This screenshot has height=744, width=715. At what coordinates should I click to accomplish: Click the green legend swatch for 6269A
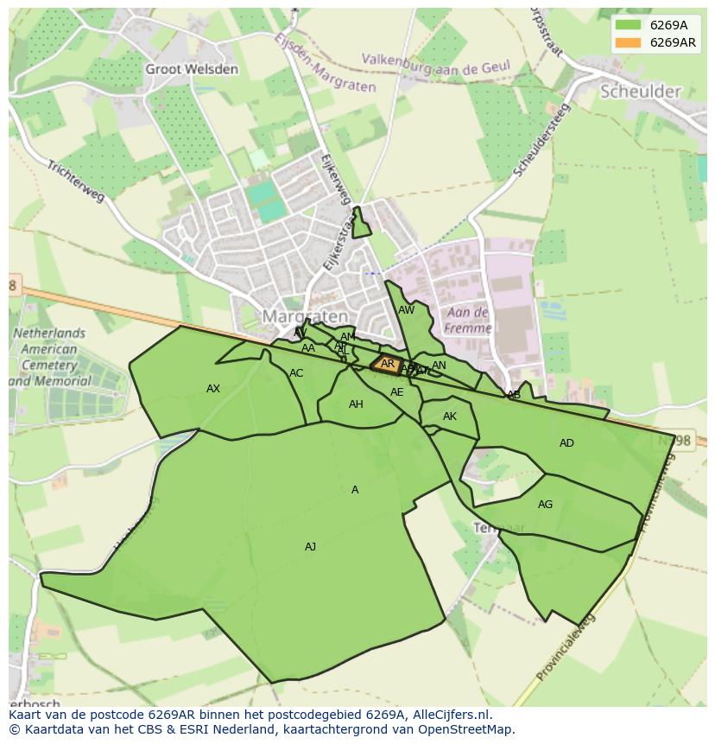(628, 25)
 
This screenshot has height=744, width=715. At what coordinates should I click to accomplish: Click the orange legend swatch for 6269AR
(628, 42)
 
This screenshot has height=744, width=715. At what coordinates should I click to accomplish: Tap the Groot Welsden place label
(192, 69)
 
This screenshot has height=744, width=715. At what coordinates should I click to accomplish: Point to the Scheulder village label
(640, 91)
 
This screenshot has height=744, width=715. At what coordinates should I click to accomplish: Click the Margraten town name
(305, 316)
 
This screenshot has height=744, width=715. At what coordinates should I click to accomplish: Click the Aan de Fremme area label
(468, 320)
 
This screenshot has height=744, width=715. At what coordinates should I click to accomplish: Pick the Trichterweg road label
(75, 181)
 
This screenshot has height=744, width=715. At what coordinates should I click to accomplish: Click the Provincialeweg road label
(566, 649)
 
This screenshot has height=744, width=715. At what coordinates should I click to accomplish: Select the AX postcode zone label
(213, 389)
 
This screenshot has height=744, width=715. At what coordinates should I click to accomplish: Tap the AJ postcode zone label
(310, 546)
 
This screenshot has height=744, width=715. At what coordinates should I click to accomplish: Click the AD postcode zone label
(566, 443)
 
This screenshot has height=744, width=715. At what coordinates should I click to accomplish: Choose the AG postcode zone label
(545, 505)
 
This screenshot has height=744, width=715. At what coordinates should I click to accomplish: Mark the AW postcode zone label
(406, 310)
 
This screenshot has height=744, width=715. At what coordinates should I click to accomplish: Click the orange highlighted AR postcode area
(387, 364)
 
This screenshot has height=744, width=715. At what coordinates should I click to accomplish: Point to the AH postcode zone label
(356, 404)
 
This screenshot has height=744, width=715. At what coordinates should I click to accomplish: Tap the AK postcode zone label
(449, 417)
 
